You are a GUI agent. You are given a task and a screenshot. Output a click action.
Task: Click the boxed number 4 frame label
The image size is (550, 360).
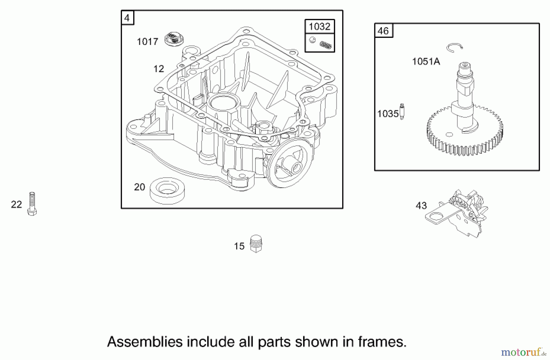pyautogui.click(x=127, y=18)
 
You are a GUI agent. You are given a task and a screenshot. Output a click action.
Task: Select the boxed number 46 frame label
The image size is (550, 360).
pyautogui.click(x=383, y=31)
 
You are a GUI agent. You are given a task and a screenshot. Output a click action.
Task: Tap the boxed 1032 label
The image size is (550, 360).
pyautogui.click(x=320, y=27)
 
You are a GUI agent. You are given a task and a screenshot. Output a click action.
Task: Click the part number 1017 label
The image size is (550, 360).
pyautogui.click(x=147, y=42)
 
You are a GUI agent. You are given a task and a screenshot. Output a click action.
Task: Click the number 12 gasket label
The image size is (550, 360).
pyautogui.click(x=159, y=69)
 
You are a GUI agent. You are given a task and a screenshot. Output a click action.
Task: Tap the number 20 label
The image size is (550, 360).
pyautogui.click(x=139, y=187)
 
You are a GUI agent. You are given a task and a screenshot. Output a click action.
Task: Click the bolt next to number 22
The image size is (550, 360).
pyautogui.click(x=32, y=204)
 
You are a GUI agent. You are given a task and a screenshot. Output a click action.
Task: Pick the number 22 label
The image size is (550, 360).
pyautogui.click(x=16, y=204)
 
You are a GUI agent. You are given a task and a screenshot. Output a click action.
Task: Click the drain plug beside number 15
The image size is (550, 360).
pyautogui.click(x=256, y=243)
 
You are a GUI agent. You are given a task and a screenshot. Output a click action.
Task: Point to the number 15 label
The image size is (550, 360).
pyautogui.click(x=239, y=246)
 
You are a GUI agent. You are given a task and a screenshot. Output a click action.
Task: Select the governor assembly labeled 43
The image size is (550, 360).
pyautogui.click(x=458, y=212)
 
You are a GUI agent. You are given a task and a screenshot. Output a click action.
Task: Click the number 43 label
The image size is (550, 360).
pyautogui.click(x=421, y=206)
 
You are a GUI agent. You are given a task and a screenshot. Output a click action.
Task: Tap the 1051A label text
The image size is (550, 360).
pyautogui.click(x=426, y=62)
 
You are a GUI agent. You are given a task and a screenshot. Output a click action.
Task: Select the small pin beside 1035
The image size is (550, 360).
pyautogui.click(x=402, y=111)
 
